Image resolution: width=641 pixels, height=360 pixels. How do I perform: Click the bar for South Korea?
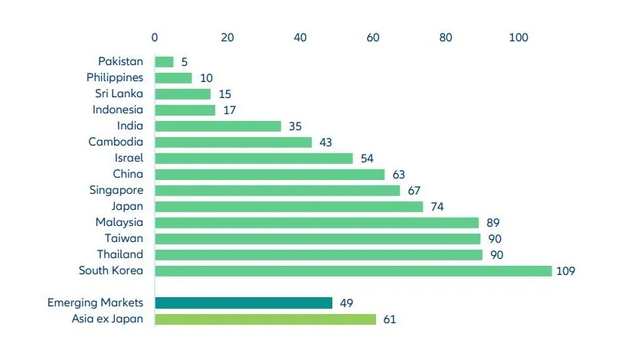click(352, 270)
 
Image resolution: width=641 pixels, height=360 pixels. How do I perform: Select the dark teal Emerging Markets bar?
click(244, 303)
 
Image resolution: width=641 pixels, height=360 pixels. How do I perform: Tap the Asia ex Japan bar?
click(265, 319)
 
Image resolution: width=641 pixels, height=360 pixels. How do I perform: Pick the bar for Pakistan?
click(164, 61)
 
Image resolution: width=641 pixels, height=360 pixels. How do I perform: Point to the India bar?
click(217, 126)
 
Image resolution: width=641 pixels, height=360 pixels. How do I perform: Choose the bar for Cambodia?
click(233, 142)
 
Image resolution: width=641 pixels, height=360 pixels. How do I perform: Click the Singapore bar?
click(277, 190)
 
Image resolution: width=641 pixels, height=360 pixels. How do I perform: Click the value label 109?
click(566, 270)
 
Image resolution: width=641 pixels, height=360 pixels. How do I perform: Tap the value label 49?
click(346, 303)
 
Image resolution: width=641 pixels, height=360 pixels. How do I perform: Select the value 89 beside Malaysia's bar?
click(492, 222)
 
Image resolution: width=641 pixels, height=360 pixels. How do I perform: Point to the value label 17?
click(229, 110)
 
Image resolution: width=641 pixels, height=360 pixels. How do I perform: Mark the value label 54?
click(367, 158)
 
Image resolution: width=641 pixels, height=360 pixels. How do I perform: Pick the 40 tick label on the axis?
click(300, 37)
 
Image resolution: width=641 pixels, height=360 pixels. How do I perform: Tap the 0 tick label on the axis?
click(155, 37)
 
